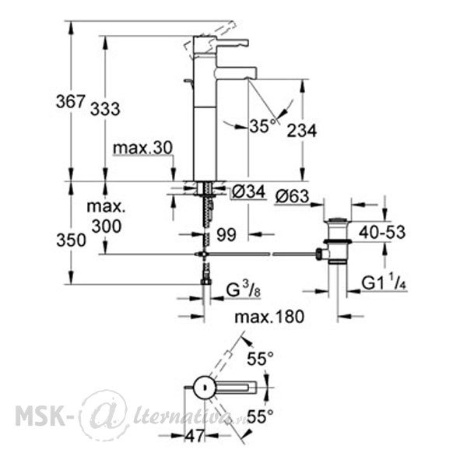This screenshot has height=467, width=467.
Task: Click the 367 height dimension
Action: pos(71,102)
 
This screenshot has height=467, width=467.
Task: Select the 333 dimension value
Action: pos(105,109)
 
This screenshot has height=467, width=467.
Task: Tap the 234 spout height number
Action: pos(302,131)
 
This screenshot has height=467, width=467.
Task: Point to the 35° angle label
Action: pos(262,125)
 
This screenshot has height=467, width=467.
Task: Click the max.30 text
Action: pos(143,148)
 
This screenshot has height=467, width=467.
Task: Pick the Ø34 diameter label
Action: pos(249,191)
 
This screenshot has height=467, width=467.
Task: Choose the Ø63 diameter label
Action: pos(293,196)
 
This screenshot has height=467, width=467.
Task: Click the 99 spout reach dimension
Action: pos(226,235)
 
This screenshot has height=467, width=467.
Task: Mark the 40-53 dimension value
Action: pos(382,232)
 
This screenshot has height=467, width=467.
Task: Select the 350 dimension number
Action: pos(71,241)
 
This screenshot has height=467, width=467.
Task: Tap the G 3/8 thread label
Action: pos(244,290)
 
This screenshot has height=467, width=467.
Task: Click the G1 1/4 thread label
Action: pos(384,283)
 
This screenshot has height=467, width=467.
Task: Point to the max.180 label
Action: pos(269,316)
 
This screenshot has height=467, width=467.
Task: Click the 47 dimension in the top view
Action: pos(195,436)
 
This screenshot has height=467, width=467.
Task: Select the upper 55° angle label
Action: pos(260,358)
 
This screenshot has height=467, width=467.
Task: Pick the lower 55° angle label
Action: pos(260,416)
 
